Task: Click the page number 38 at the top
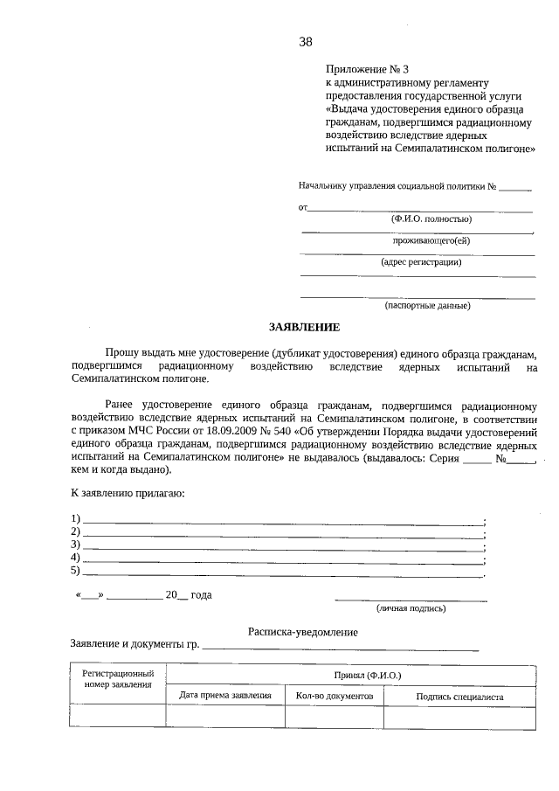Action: point(305,41)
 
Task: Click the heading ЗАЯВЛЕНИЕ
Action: point(303,327)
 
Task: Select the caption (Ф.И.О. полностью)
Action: point(431,219)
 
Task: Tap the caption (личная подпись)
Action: point(411,607)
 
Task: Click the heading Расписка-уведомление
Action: point(302,631)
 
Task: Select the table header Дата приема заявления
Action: point(225,696)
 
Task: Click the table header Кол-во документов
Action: point(335,696)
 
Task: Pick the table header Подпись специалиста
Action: point(460,697)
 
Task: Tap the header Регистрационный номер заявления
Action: point(119,679)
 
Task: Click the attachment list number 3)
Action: point(76,545)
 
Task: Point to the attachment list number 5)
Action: point(76,571)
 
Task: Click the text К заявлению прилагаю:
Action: point(128,494)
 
